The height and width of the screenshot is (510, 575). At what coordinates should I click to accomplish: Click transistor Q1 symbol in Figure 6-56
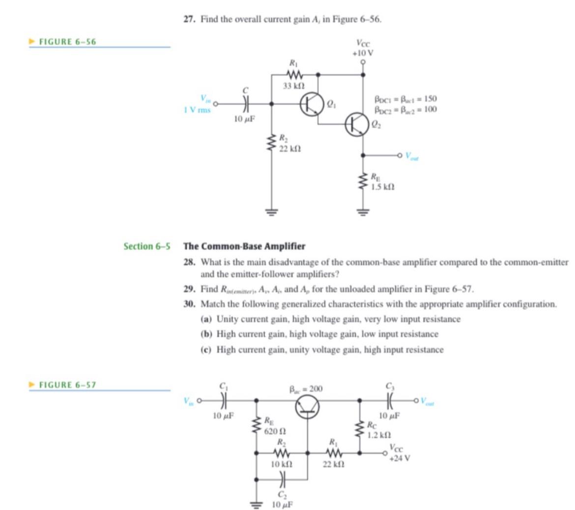310,104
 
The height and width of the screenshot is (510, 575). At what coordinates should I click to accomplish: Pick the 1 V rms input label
197,110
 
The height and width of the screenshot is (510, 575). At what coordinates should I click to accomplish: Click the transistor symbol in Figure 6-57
308,407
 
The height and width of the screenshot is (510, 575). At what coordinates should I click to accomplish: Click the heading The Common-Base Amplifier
244,246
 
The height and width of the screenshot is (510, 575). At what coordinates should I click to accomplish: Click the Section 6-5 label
146,246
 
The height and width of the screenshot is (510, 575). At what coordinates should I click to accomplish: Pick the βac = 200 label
305,389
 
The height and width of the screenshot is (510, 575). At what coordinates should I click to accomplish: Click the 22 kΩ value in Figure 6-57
333,464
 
